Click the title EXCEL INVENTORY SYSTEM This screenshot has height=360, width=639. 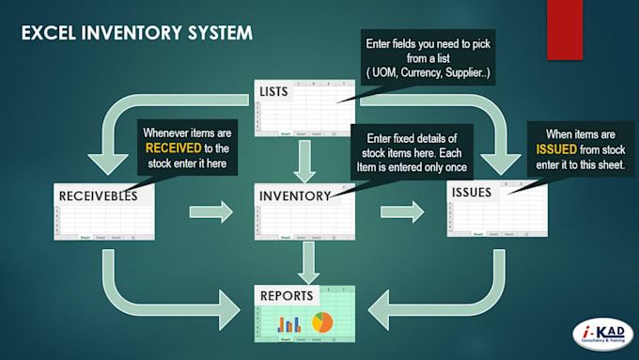coord(136,34)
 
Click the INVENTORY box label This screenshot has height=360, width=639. coord(293,196)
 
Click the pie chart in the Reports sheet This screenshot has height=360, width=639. coord(322,322)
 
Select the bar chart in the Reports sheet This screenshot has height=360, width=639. coord(288,324)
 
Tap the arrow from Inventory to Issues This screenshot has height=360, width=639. coord(400,211)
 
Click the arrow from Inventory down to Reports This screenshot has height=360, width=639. coord(304,259)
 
